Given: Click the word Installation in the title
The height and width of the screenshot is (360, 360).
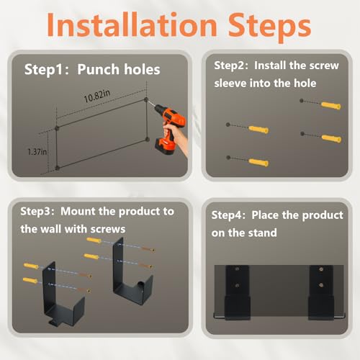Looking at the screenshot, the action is [x=132, y=24].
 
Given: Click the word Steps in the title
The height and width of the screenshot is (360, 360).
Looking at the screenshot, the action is [x=269, y=27].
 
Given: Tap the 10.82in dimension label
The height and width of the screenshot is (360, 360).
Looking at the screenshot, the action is [x=97, y=96].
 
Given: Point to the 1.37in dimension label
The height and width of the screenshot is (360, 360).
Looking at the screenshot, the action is [x=37, y=152].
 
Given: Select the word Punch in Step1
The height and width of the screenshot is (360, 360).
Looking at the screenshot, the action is [x=99, y=70].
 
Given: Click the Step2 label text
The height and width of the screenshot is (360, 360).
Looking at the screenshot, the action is [x=231, y=66].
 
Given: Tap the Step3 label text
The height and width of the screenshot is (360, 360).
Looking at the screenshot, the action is [x=37, y=212].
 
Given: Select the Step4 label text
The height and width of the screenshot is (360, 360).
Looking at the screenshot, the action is [x=228, y=215].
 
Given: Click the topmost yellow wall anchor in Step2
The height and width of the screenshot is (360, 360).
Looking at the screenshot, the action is [x=331, y=105].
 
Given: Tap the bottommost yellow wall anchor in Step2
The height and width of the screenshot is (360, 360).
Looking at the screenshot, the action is [x=258, y=162].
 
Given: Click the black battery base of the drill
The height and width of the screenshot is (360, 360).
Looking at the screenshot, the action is [x=165, y=147].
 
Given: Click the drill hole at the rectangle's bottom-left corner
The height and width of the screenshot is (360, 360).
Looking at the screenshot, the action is [x=57, y=168].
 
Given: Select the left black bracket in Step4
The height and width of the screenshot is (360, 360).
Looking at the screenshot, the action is [x=238, y=292].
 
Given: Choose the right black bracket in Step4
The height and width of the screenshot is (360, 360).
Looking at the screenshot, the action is [x=321, y=292].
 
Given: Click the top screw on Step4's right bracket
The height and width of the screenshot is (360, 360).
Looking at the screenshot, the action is [x=321, y=269].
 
